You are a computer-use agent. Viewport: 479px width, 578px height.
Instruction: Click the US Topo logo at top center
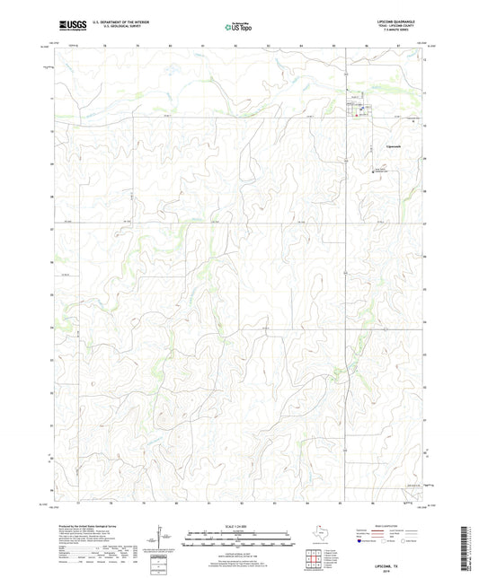pos(238,28)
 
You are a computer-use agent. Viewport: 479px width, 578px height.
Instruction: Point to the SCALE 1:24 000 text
pos(238,524)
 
